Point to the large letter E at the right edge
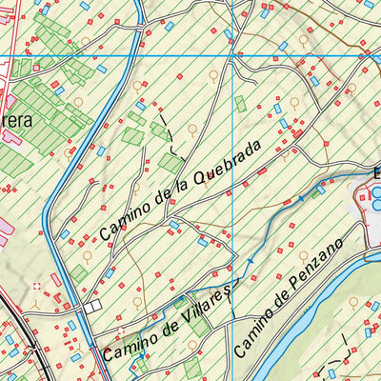(x=376, y=173)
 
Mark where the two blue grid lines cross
(x=234, y=56)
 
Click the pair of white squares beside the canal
(x=92, y=307)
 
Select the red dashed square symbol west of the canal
(x=36, y=285)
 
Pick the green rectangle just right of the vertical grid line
(x=241, y=103)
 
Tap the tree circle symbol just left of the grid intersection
(x=213, y=74)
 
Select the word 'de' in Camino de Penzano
(x=281, y=304)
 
